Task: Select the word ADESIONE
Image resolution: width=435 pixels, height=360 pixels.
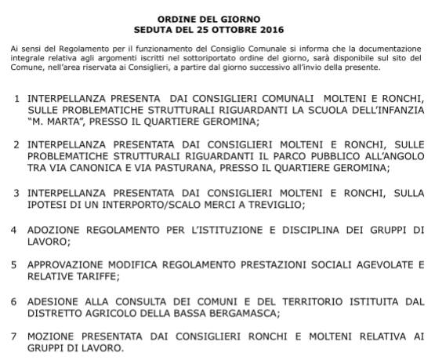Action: coord(53,301)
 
